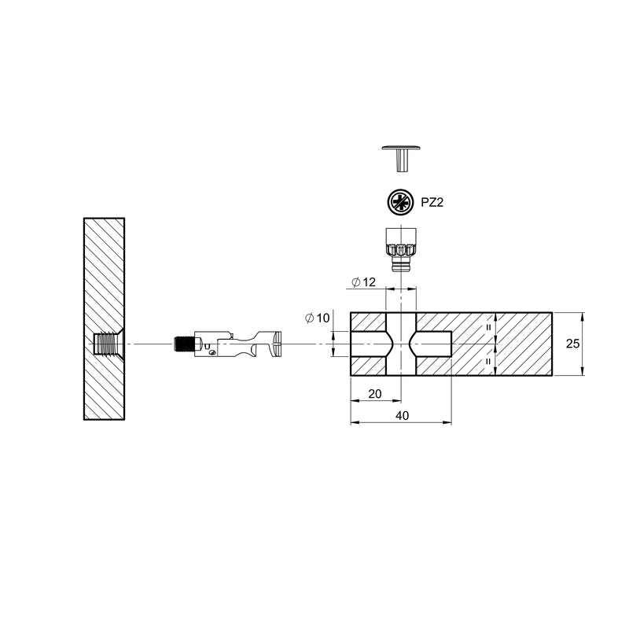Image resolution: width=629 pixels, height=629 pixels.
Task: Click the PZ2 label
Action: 432,203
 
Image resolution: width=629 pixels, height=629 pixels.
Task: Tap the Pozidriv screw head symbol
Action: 400,202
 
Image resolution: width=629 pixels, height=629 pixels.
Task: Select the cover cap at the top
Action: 401,158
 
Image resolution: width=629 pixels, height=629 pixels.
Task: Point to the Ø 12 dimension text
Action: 363,282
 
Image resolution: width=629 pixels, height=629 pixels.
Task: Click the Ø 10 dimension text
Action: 317,318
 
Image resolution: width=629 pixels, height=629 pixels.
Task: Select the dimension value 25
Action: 572,344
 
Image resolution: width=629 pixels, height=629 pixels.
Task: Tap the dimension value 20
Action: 375,394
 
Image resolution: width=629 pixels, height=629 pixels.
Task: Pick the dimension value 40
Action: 402,416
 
